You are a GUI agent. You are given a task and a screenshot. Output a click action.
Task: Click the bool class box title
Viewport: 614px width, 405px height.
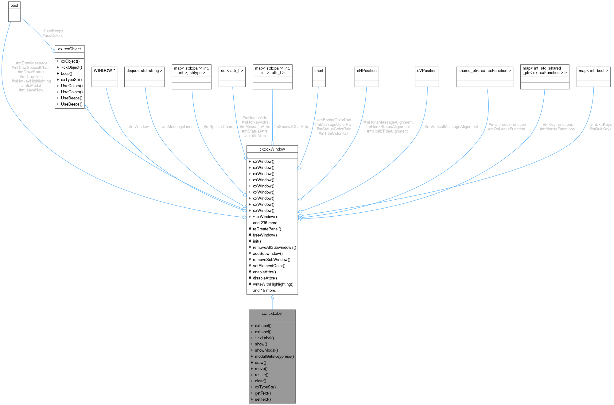click(14, 6)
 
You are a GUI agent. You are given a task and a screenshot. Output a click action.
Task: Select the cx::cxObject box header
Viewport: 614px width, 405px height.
click(69, 49)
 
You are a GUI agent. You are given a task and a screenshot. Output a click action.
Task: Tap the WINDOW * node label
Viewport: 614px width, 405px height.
click(104, 71)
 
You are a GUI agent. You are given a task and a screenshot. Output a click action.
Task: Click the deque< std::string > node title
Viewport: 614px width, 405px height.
click(144, 71)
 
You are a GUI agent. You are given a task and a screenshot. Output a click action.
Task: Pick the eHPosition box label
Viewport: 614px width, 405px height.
click(366, 71)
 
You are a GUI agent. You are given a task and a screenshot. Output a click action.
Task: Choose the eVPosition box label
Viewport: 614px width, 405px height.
click(426, 71)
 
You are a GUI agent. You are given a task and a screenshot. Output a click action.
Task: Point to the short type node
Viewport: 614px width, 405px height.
click(319, 71)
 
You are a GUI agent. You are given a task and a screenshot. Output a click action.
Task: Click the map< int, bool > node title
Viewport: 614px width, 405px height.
click(593, 71)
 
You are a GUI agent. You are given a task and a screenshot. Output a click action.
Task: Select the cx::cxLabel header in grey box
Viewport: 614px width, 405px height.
click(272, 313)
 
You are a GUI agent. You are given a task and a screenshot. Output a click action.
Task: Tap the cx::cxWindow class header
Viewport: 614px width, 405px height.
click(272, 149)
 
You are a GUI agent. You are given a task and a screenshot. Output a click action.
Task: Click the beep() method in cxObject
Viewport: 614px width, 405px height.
click(66, 74)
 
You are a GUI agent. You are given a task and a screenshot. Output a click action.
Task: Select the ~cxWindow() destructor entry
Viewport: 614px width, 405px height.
click(265, 217)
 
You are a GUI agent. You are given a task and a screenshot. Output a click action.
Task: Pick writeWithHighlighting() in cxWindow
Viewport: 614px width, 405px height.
click(273, 284)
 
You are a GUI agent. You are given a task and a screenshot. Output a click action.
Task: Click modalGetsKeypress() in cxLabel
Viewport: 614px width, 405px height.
click(274, 356)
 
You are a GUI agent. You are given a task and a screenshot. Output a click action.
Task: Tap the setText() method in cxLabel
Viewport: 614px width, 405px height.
click(263, 399)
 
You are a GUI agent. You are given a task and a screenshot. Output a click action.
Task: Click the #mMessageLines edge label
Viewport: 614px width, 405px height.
click(177, 127)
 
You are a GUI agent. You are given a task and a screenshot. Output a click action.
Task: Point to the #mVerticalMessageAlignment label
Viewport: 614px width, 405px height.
click(451, 127)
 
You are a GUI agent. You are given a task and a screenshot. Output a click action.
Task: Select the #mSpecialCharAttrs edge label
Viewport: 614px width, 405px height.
click(291, 127)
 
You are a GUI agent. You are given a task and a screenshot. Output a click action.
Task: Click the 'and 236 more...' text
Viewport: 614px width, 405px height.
click(266, 223)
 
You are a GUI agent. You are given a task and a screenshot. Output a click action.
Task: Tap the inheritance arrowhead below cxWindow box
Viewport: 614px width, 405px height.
click(272, 297)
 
